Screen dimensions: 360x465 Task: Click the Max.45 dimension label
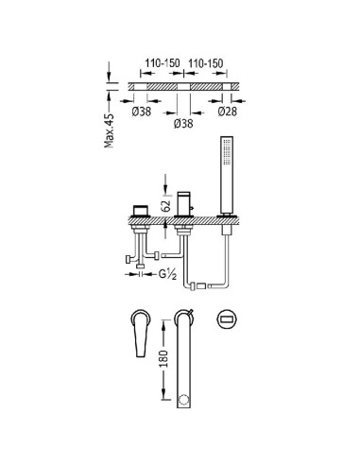(109, 130)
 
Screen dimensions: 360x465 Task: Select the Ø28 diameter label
(227, 112)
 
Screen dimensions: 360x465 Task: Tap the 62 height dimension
(166, 206)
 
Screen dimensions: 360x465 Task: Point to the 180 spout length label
(163, 358)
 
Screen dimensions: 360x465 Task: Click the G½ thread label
(167, 274)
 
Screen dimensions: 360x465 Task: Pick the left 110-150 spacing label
(163, 63)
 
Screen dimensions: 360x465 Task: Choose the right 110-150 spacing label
(205, 63)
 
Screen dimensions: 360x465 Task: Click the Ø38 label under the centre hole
(183, 123)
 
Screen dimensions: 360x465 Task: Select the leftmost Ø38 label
(142, 112)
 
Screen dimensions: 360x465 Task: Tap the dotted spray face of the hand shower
(225, 152)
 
